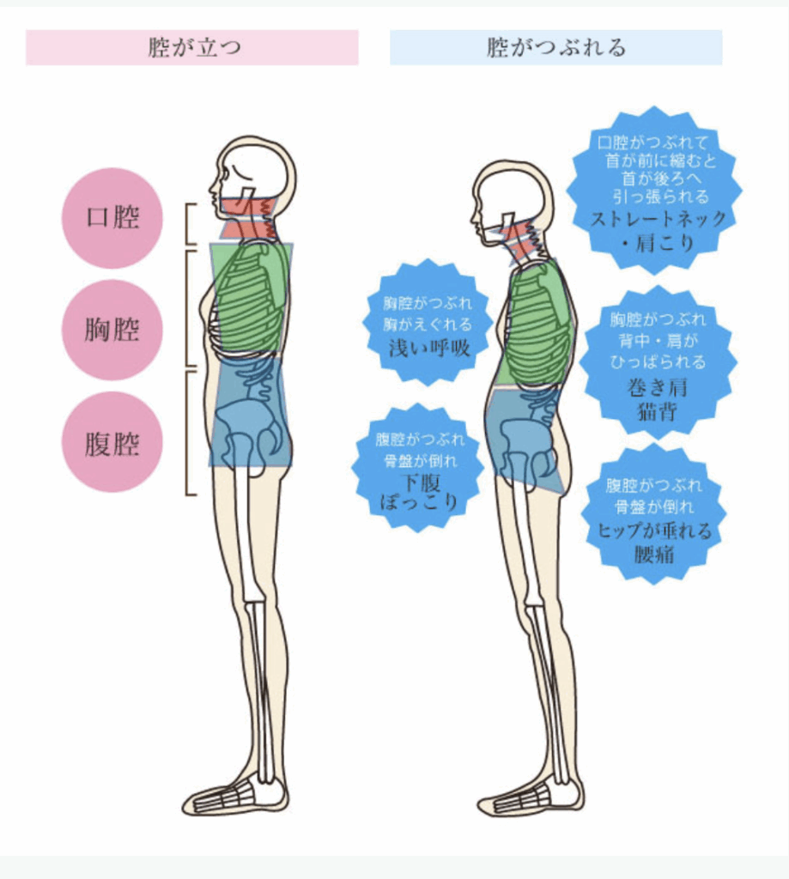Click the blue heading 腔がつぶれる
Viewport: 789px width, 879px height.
click(x=555, y=48)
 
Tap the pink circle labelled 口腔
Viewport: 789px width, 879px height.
click(x=112, y=217)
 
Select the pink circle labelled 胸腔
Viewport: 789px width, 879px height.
click(x=112, y=330)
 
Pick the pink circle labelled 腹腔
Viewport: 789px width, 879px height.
click(x=112, y=442)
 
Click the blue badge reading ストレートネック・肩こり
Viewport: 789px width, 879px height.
click(x=655, y=191)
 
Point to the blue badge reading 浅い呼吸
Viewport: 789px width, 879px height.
click(x=428, y=323)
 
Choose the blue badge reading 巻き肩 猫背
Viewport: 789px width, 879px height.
click(x=658, y=363)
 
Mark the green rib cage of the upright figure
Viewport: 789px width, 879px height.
click(x=252, y=298)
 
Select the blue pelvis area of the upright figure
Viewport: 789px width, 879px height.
click(x=251, y=412)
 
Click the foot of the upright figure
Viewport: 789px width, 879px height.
click(x=235, y=796)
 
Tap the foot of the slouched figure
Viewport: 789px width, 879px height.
click(x=530, y=797)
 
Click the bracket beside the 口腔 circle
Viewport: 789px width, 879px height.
click(x=190, y=224)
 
